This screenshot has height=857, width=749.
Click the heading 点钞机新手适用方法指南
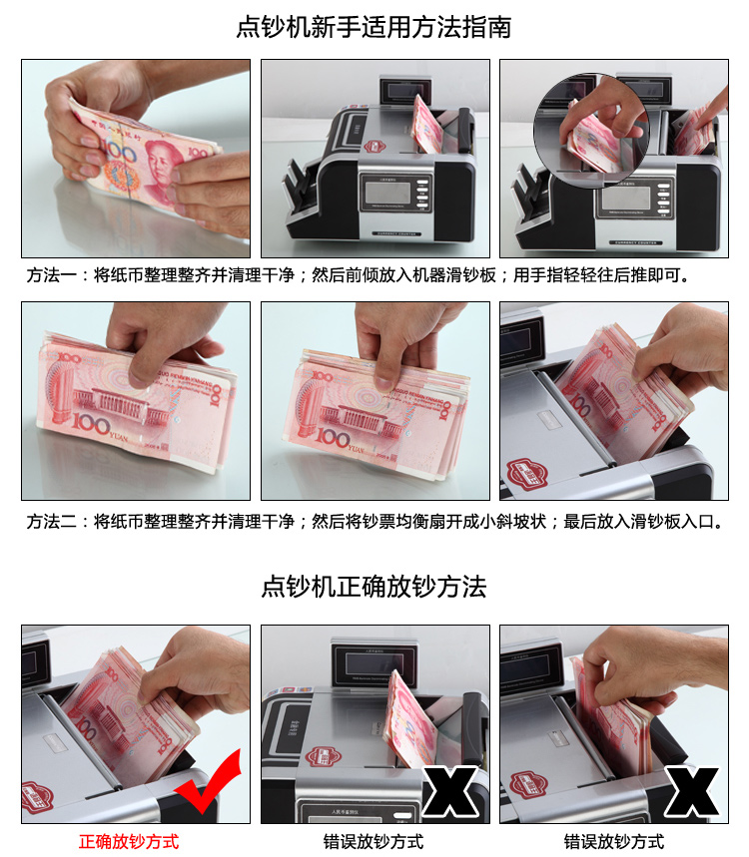click(x=374, y=27)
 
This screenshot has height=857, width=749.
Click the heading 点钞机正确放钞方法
click(x=374, y=587)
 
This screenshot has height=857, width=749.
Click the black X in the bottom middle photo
click(x=450, y=791)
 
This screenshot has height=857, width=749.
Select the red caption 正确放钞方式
click(x=129, y=841)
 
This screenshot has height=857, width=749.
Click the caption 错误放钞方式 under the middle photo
click(x=374, y=841)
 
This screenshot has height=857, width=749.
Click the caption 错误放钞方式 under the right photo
click(x=614, y=841)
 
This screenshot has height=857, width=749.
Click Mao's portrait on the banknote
click(x=162, y=170)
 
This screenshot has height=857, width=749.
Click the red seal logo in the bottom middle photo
click(x=323, y=757)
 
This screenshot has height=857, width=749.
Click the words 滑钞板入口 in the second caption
click(x=672, y=522)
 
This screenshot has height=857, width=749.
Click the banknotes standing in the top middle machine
click(x=427, y=126)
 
